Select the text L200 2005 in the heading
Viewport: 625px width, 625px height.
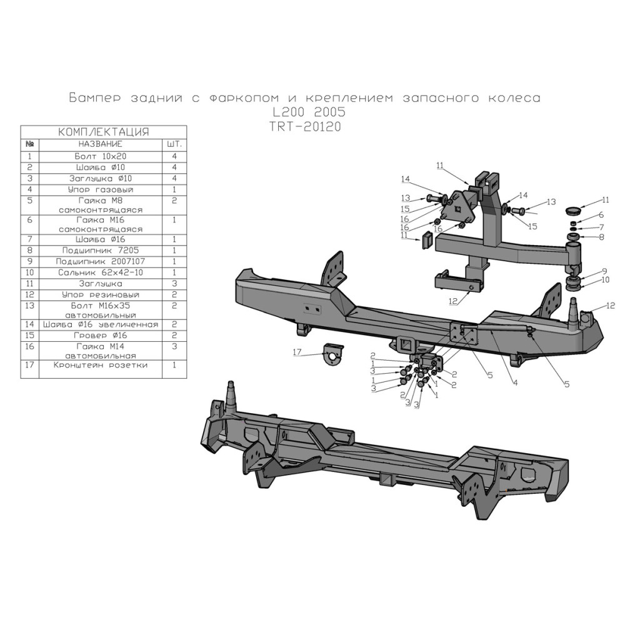307,112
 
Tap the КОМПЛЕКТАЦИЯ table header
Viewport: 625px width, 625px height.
103,132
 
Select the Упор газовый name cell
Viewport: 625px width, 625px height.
101,189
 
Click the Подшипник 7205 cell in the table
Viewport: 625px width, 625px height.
101,249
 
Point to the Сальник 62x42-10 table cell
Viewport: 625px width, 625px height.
101,272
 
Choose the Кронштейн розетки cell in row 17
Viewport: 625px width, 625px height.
101,365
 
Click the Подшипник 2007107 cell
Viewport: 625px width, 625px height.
101,261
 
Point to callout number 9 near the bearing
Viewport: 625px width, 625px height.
605,270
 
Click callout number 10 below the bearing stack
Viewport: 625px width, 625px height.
605,281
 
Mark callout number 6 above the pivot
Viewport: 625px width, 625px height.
601,215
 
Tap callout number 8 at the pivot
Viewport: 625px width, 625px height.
601,237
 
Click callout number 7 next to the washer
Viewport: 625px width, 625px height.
601,226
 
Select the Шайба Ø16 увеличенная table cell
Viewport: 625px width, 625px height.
101,325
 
